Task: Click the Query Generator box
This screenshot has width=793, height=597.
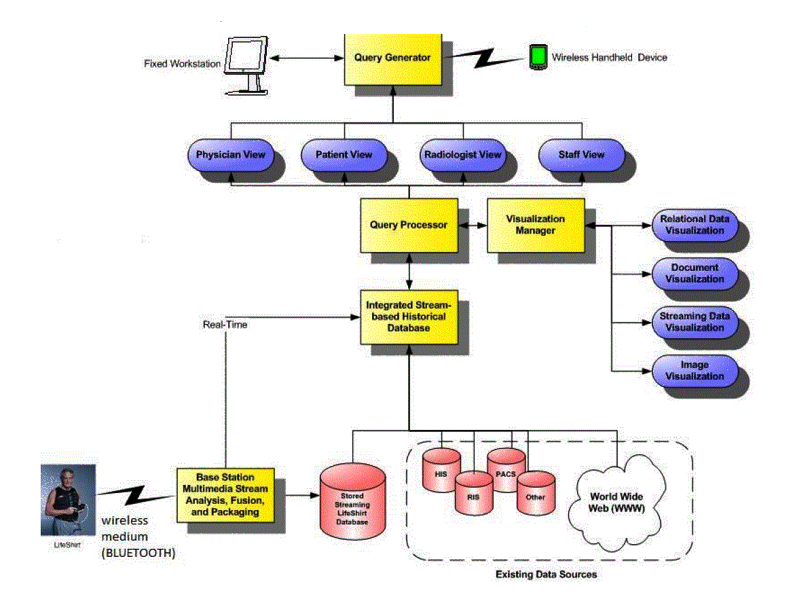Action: [392, 58]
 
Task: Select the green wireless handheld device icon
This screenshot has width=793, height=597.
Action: [538, 57]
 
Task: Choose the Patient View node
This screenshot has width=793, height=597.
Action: [344, 155]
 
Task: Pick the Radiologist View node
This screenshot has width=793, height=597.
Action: [462, 155]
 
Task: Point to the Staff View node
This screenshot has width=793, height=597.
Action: [580, 155]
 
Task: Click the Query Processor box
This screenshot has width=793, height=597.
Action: [408, 225]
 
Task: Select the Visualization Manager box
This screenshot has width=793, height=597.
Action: [535, 225]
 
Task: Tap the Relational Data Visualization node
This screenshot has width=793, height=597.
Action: [694, 225]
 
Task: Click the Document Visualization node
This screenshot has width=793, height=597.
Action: [694, 273]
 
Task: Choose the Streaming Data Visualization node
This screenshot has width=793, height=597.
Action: [694, 322]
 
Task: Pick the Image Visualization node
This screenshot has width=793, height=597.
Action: [694, 371]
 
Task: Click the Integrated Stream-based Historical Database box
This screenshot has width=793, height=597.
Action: [408, 316]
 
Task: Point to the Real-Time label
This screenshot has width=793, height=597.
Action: [225, 325]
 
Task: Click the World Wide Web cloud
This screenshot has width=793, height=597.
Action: [616, 501]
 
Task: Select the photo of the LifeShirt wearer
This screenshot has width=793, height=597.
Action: [68, 501]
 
